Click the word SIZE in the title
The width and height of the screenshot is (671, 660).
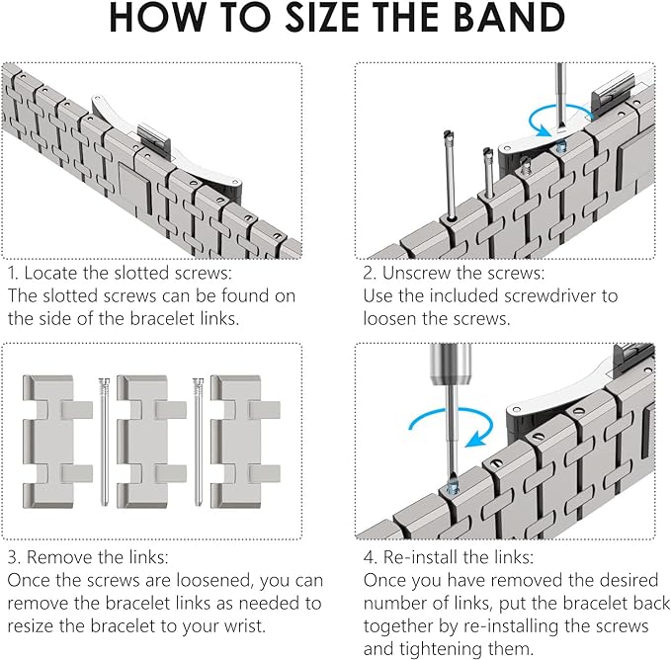click(x=321, y=18)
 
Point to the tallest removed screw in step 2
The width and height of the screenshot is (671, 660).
click(x=450, y=175)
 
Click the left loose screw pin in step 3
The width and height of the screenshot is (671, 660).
click(x=104, y=442)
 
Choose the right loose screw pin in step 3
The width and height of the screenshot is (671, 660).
click(x=198, y=442)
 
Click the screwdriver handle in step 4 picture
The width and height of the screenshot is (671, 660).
click(x=451, y=365)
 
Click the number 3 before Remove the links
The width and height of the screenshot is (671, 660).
click(x=13, y=557)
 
